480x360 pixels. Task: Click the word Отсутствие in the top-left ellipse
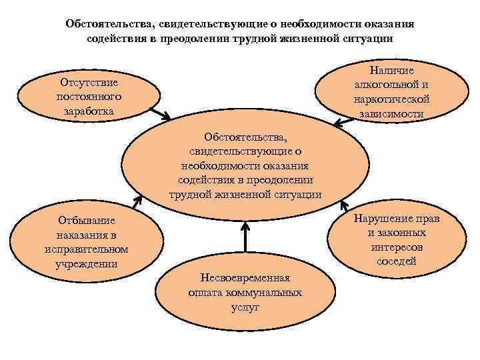89,83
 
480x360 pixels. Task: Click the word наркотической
391,99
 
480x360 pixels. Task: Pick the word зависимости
391,113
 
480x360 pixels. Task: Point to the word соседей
396,261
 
